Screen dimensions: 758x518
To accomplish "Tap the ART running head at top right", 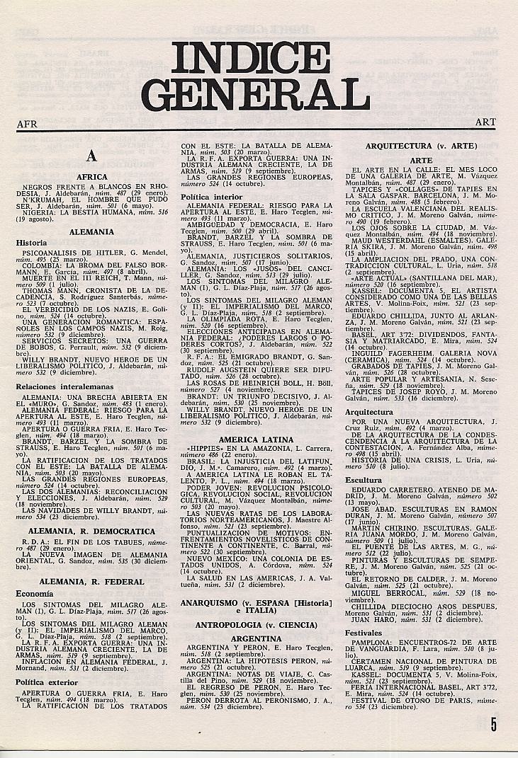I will pos(485,122).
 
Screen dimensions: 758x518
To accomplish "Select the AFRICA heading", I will pos(92,177).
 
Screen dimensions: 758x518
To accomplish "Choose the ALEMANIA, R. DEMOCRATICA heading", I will pos(92,531).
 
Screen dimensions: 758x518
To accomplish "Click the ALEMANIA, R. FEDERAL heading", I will pos(92,582).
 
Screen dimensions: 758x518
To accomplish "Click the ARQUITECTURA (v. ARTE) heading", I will pos(421,146).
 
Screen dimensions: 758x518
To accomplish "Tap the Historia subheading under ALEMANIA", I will pos(32,242).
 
